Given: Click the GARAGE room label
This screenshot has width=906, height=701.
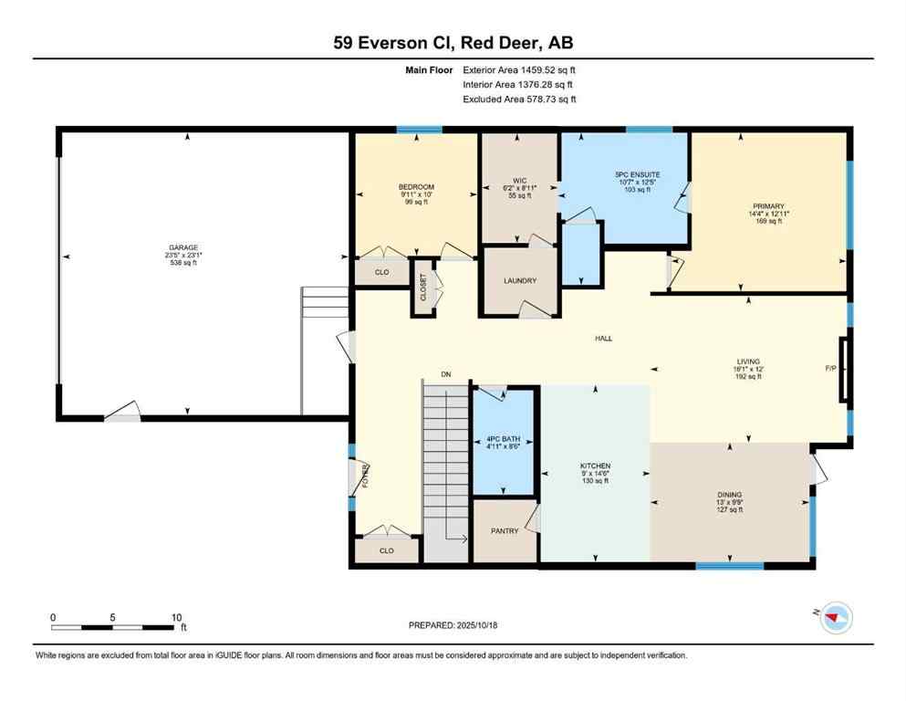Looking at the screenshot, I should [x=183, y=247].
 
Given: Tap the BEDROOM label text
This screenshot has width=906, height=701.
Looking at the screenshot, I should [x=416, y=187].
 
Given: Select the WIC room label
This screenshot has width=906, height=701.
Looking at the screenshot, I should [x=518, y=181].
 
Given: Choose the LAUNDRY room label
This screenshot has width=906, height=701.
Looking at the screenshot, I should [x=519, y=280].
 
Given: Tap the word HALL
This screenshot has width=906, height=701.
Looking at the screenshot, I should [x=603, y=339].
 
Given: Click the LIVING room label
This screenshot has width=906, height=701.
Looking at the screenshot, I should [x=748, y=361].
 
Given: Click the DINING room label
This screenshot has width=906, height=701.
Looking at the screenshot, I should [x=729, y=494].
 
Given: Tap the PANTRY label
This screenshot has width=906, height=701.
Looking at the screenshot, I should [x=505, y=530].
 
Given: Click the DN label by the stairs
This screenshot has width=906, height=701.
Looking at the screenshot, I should [x=446, y=374].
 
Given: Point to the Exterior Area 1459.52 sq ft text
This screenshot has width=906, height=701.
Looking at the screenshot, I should [x=519, y=69].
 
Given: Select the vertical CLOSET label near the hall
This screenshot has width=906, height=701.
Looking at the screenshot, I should [x=423, y=288].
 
